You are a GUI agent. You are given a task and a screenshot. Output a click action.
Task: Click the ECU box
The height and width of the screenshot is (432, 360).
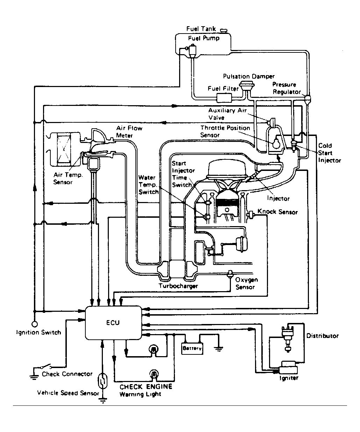(x=113, y=323)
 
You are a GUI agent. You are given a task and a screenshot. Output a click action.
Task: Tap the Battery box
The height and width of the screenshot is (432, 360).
(x=192, y=348)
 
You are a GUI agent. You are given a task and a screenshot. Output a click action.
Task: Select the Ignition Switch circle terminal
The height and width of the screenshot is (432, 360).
(x=35, y=324)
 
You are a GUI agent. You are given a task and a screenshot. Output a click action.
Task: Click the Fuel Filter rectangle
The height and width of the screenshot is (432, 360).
(x=224, y=98)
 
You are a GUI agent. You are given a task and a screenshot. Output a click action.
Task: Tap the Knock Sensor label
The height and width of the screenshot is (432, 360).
(x=277, y=212)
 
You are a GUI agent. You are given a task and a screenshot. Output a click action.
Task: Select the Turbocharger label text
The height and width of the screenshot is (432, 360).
(x=178, y=286)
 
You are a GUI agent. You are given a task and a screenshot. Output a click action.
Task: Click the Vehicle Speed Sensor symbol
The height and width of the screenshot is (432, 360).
(x=103, y=380)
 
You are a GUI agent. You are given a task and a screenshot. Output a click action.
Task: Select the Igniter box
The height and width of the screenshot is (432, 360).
(x=289, y=368)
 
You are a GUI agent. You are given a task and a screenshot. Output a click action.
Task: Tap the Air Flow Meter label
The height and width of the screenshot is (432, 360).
(x=129, y=132)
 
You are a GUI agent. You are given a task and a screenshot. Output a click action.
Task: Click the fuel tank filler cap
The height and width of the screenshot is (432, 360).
(x=223, y=31)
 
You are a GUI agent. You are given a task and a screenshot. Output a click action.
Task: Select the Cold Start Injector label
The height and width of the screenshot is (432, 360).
(x=329, y=153)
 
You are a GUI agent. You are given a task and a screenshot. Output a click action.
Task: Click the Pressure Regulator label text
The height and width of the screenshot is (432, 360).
(x=287, y=88)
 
